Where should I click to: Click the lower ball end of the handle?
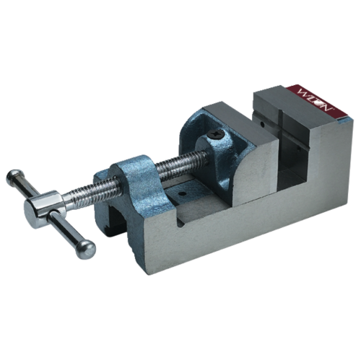coord(87,250)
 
